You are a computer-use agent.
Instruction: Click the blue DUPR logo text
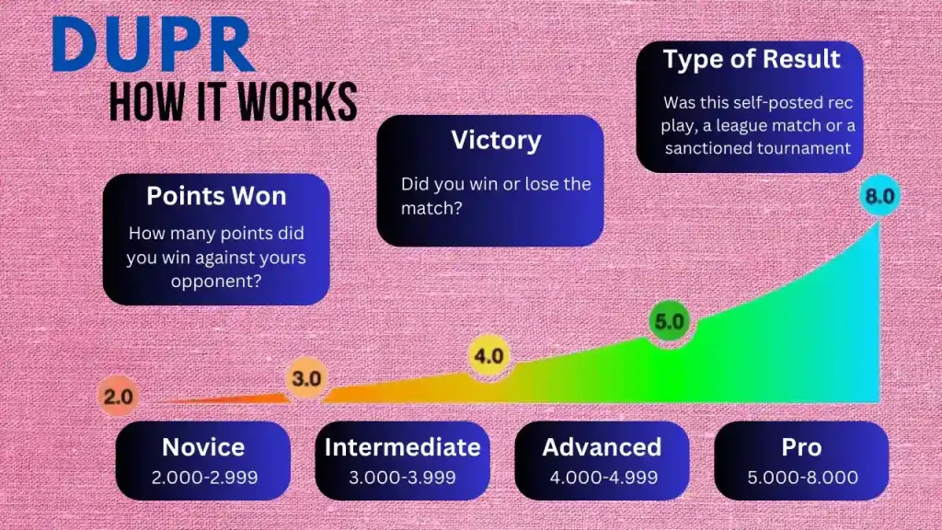(x=154, y=44)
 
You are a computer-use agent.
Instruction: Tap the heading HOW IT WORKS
(x=233, y=102)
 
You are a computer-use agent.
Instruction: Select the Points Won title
(x=216, y=196)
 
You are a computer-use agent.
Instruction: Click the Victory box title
(x=496, y=141)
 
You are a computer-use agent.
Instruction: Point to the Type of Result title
(x=752, y=59)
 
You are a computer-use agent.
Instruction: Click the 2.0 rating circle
(x=119, y=397)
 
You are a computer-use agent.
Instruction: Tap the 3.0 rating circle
(x=306, y=378)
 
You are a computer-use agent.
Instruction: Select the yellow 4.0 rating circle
(x=489, y=356)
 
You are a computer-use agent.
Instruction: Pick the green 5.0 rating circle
(x=670, y=321)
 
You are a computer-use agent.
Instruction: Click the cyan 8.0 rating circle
(x=880, y=196)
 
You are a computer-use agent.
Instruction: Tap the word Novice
(x=203, y=447)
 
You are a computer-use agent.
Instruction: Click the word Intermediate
(x=403, y=447)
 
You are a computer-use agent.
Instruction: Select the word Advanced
(x=602, y=447)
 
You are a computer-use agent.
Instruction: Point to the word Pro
(x=801, y=447)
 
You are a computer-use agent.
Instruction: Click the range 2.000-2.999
(x=204, y=478)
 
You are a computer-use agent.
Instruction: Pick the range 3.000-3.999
(x=403, y=478)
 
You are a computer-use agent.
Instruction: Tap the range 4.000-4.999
(x=603, y=478)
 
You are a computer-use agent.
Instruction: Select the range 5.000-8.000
(x=802, y=478)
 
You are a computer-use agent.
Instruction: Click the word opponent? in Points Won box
(x=216, y=282)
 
